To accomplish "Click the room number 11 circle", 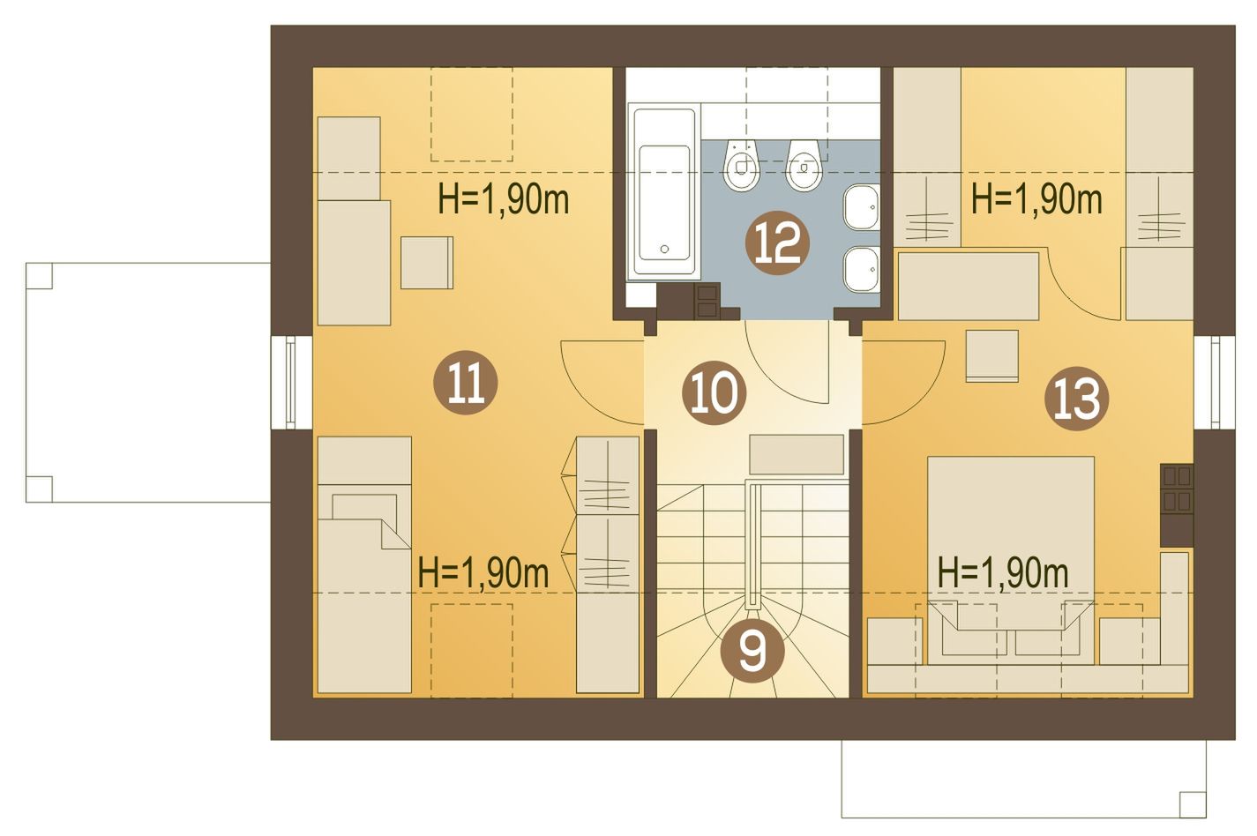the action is pyautogui.click(x=465, y=382).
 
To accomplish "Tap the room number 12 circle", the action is pyautogui.click(x=777, y=243).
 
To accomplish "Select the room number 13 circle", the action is pyautogui.click(x=1076, y=399).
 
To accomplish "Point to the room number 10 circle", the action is pyautogui.click(x=714, y=392).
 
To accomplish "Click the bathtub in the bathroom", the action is pyautogui.click(x=664, y=191).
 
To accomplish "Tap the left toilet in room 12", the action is pyautogui.click(x=742, y=164).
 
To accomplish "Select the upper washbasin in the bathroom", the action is pyautogui.click(x=862, y=207).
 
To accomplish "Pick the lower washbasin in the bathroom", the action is pyautogui.click(x=862, y=269).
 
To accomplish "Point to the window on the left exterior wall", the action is pyautogui.click(x=290, y=382).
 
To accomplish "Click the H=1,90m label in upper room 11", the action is pyautogui.click(x=504, y=200).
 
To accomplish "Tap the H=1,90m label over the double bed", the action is pyautogui.click(x=1003, y=574).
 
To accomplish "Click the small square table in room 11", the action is pyautogui.click(x=426, y=263).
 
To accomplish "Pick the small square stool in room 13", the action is pyautogui.click(x=991, y=355).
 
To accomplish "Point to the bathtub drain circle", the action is pyautogui.click(x=664, y=249).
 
